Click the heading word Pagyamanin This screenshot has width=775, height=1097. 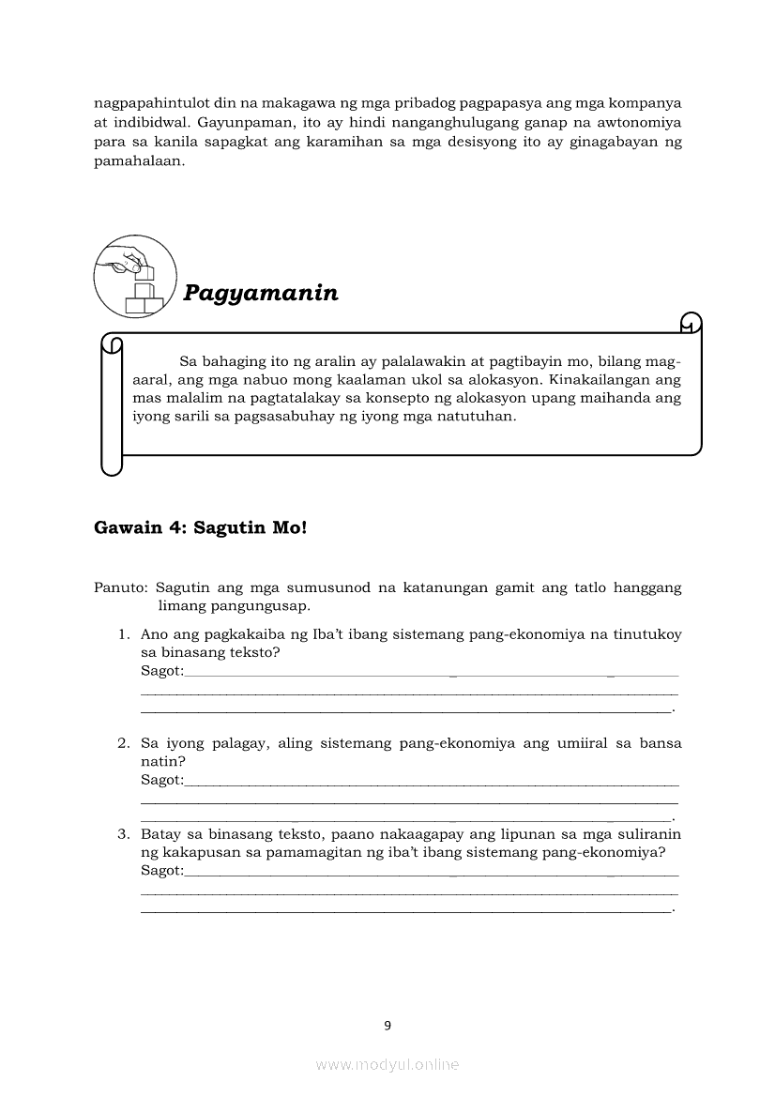pyautogui.click(x=261, y=293)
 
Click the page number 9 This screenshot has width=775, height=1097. pyautogui.click(x=387, y=1026)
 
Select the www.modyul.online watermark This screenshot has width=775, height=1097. pyautogui.click(x=387, y=1064)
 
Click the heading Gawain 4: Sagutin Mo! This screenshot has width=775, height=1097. pyautogui.click(x=201, y=527)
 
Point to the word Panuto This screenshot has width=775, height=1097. pyautogui.click(x=120, y=588)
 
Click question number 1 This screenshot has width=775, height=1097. pyautogui.click(x=123, y=634)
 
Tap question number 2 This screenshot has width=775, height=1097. pyautogui.click(x=123, y=743)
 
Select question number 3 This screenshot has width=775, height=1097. pyautogui.click(x=123, y=834)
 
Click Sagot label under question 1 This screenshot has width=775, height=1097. pyautogui.click(x=161, y=671)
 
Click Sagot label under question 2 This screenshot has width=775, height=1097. pyautogui.click(x=161, y=780)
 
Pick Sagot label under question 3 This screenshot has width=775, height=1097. pyautogui.click(x=161, y=871)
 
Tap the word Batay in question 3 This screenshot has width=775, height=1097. pyautogui.click(x=160, y=834)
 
